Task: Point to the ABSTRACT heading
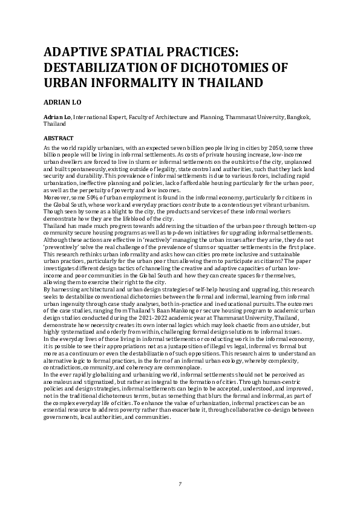click(59, 138)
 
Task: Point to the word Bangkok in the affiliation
click(298, 117)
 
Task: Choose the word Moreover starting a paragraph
click(58, 197)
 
